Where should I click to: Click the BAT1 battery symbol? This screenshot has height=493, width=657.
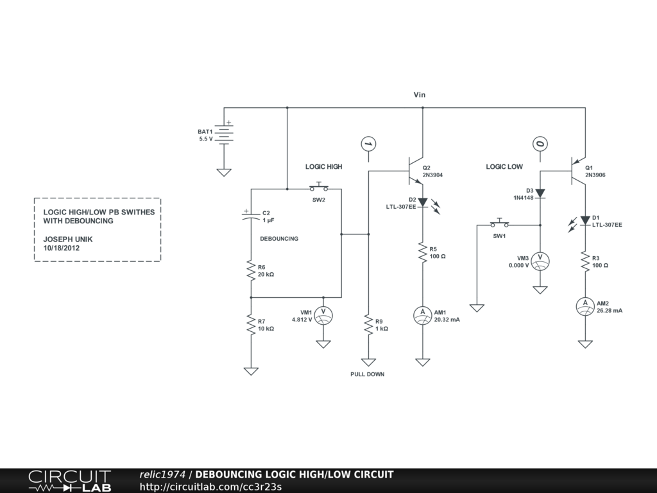(224, 134)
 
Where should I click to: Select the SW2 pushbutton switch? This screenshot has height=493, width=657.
(319, 188)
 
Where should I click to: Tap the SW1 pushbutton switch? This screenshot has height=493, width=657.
(500, 224)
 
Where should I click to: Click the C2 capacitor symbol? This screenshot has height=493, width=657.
(251, 216)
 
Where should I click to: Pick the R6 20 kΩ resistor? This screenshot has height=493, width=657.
(251, 271)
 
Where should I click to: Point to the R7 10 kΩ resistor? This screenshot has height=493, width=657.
(251, 325)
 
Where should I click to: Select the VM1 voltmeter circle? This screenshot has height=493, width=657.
(323, 315)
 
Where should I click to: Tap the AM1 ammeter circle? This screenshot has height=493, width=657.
(422, 315)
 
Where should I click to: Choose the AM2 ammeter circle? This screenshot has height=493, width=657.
(585, 306)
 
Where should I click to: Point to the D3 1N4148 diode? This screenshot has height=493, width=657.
(540, 193)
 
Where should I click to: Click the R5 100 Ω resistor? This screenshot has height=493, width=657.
(422, 252)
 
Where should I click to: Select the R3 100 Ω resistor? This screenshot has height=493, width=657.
(585, 261)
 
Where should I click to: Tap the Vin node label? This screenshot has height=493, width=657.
(419, 94)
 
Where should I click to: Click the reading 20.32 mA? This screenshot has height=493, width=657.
(447, 319)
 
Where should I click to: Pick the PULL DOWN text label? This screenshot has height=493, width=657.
(368, 374)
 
